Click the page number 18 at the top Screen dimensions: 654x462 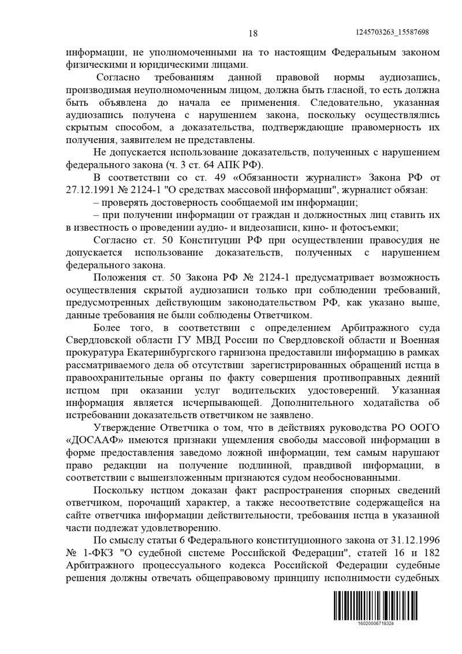(253, 34)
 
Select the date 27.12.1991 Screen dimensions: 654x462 (91, 189)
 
